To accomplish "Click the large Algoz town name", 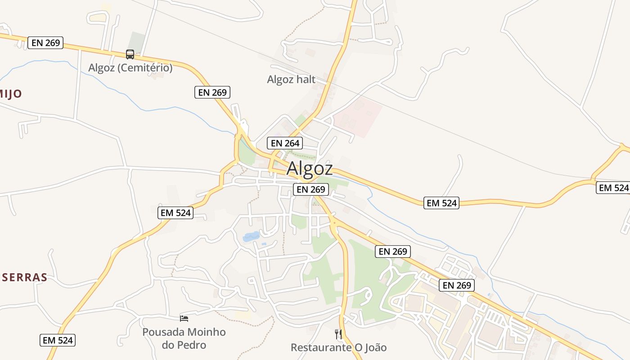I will click(310, 168).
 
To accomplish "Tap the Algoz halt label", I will click(291, 80).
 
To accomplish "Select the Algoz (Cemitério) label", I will click(130, 68).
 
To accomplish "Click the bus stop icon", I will click(130, 54).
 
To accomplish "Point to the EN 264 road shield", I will click(284, 144).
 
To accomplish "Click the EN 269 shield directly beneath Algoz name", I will click(310, 189).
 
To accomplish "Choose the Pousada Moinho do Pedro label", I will click(184, 338).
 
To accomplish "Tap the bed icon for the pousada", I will click(184, 319).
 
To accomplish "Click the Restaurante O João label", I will click(338, 347).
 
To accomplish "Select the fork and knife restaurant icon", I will click(338, 334).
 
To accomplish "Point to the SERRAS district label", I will click(24, 277).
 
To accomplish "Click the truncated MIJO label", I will click(11, 94).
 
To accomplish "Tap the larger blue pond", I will click(251, 236).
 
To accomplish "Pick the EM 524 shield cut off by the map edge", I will click(613, 188).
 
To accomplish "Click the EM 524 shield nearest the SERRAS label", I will click(57, 340).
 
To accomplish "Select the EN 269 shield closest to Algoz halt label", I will click(213, 92).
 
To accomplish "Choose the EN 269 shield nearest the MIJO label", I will click(45, 43).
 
